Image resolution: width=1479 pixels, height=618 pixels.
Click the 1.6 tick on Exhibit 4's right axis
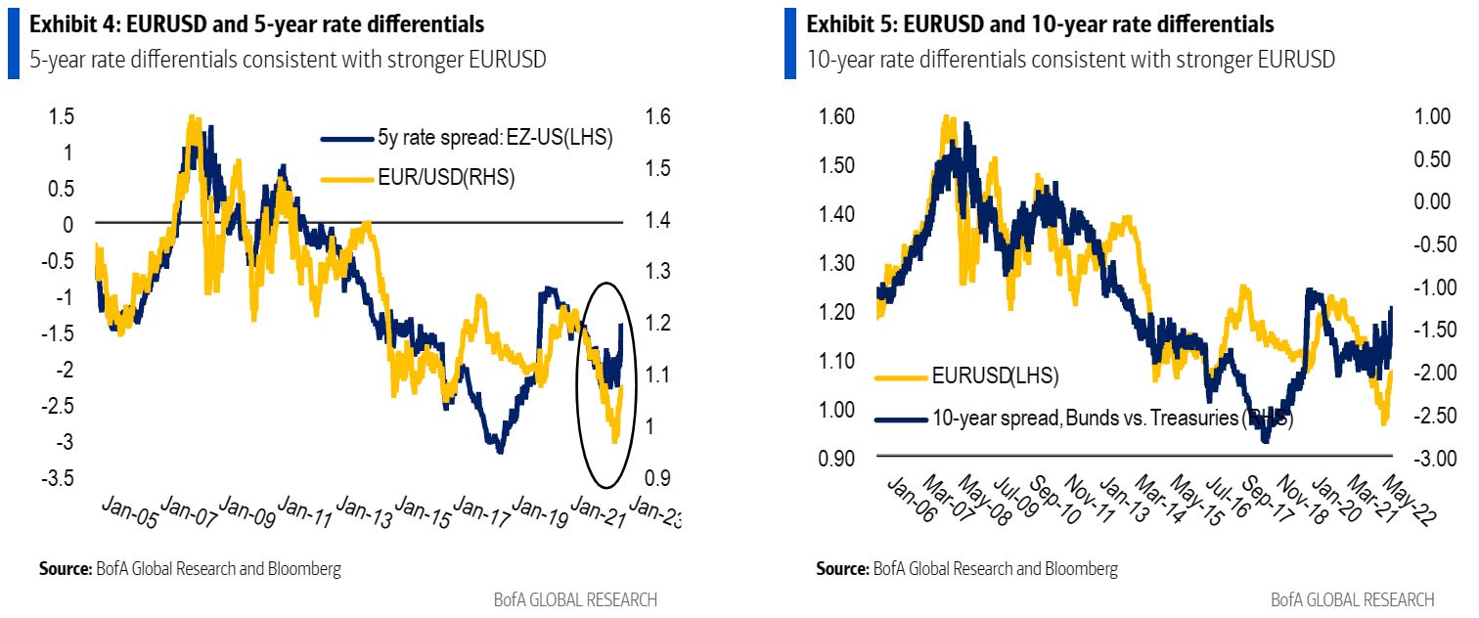click(659, 116)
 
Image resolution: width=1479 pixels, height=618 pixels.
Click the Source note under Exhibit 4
click(190, 568)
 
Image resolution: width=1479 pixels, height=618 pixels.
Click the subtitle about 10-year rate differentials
click(1071, 60)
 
